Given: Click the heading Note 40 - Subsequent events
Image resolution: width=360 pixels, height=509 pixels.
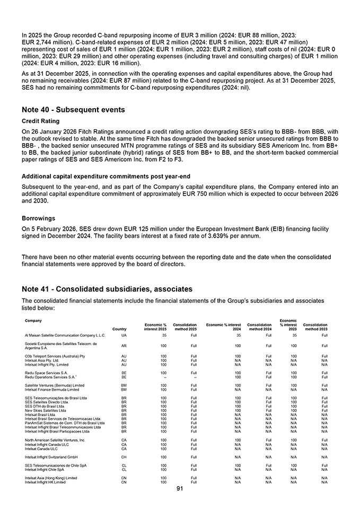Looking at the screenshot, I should pos(73,110).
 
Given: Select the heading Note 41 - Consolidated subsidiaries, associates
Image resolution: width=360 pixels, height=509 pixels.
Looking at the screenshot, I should pos(107,289).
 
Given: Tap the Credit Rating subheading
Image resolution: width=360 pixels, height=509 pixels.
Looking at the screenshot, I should pos(41,121).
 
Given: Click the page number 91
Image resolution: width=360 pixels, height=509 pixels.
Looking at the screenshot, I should pos(180,488).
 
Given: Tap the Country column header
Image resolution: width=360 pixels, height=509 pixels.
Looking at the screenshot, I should pos(119,329).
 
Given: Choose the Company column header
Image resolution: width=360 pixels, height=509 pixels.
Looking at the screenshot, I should pos(34,320).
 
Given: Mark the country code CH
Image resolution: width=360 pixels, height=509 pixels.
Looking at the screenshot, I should pos(124,456).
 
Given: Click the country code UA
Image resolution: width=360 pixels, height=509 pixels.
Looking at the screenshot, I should pos(124,335).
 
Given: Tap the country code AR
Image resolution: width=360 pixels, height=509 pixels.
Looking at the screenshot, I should pos(124,346).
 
